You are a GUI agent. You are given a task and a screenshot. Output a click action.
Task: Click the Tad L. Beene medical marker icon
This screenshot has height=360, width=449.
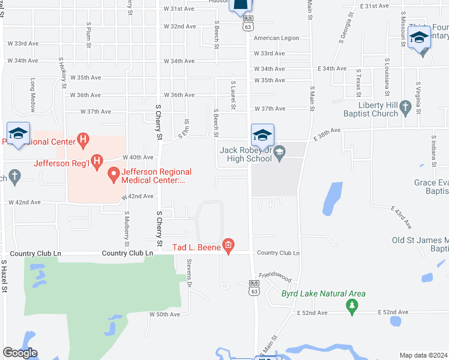[x=228, y=245]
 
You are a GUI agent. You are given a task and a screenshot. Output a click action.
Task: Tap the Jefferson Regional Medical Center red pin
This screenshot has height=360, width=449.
[x=113, y=175]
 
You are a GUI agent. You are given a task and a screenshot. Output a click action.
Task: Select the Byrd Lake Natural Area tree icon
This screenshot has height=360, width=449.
[x=352, y=307]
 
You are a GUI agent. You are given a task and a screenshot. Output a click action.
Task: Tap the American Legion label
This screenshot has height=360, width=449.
[x=276, y=38]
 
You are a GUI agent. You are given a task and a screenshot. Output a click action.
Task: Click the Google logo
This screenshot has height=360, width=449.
[x=20, y=352]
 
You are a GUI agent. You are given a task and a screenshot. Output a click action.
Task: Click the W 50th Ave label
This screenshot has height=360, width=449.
[x=164, y=314]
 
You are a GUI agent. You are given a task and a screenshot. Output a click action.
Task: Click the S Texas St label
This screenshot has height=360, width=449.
[x=358, y=83]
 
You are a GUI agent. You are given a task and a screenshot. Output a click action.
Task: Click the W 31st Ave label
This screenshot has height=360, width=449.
[x=179, y=9]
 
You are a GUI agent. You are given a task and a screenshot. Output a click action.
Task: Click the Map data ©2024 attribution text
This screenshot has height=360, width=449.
[x=423, y=355]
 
